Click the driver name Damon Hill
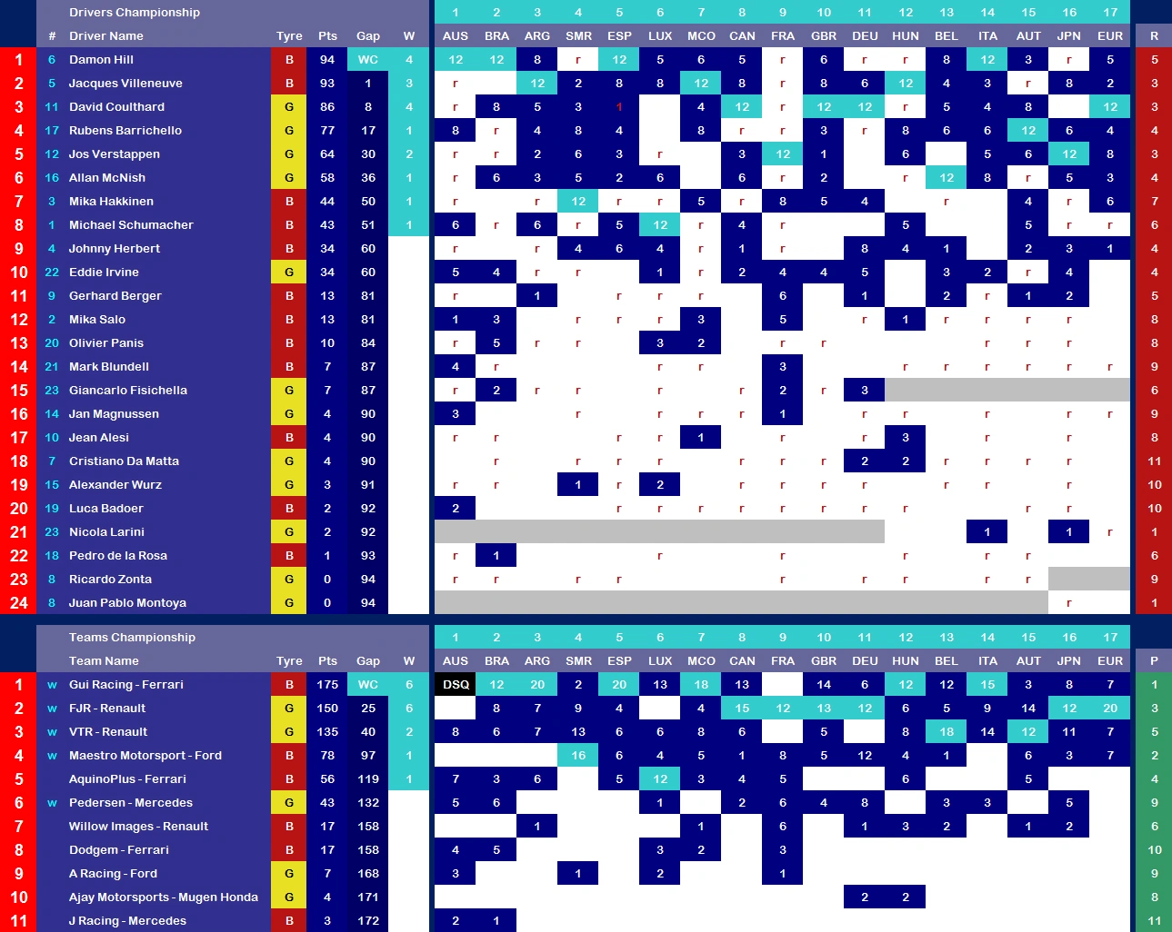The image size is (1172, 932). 101,60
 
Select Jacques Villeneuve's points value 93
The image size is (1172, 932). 327,84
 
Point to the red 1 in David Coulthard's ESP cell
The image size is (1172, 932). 619,107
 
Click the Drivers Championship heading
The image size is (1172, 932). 135,13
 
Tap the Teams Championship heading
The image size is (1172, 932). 132,638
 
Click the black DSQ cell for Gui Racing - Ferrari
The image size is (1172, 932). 456,685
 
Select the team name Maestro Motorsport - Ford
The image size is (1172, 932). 145,756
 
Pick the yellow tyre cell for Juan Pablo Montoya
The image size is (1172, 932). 289,603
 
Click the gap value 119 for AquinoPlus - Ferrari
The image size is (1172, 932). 368,779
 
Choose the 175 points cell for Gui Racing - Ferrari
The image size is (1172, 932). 327,685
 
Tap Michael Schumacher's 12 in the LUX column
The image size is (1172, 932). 660,225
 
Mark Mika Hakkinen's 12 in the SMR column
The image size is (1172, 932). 578,202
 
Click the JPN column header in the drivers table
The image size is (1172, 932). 1069,36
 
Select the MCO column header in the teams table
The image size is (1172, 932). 701,661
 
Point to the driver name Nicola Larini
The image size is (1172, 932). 106,532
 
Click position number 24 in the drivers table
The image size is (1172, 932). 19,603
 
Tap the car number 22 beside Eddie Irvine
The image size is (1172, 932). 52,273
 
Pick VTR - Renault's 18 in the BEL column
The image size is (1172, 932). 947,732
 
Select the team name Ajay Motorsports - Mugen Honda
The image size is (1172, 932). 164,897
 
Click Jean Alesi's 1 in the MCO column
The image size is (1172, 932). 701,438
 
